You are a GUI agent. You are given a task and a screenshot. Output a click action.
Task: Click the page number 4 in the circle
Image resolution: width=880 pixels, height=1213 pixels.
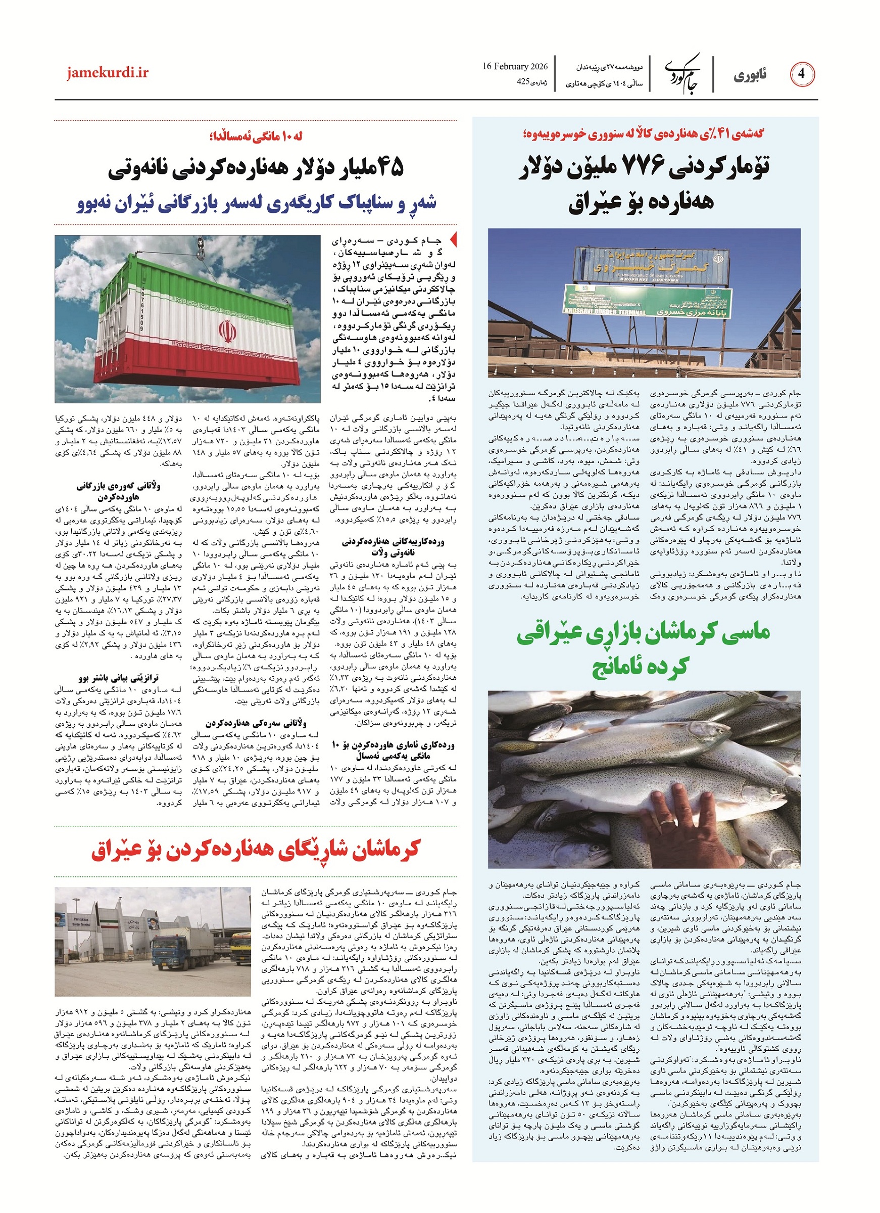pos(801,75)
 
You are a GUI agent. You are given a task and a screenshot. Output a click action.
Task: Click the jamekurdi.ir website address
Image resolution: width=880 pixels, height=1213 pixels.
pos(108,73)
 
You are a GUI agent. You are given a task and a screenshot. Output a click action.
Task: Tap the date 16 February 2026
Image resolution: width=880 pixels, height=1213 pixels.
pos(515,67)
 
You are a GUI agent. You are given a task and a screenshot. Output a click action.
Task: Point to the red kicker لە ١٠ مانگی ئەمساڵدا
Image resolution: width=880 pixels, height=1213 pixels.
pos(256,137)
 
